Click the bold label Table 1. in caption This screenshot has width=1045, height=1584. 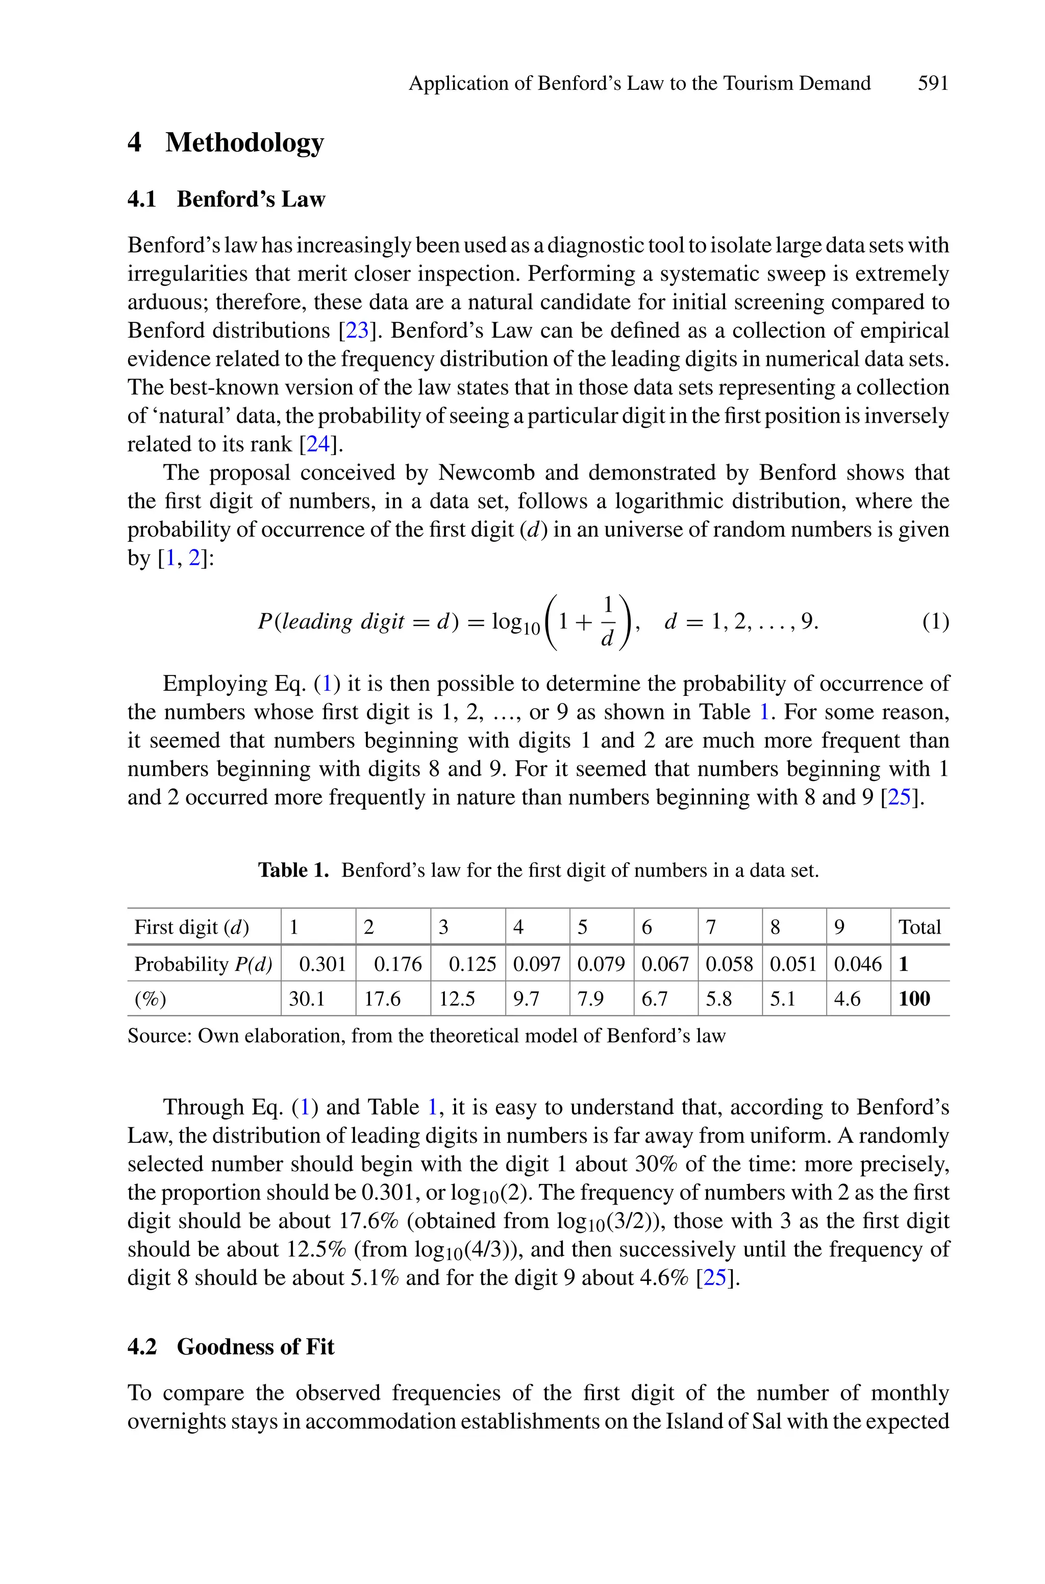click(293, 871)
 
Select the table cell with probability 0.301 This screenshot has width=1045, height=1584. click(322, 964)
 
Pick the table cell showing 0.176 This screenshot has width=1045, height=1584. click(398, 964)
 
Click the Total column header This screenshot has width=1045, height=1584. click(919, 927)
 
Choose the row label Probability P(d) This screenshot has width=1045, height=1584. click(203, 964)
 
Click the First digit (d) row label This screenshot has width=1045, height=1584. click(191, 927)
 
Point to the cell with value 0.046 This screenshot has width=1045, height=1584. click(858, 964)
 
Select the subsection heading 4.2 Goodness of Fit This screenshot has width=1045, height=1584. click(231, 1347)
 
